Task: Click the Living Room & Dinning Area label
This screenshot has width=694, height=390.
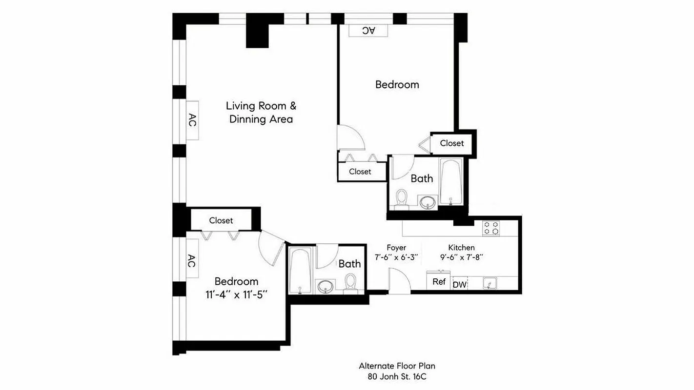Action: (x=261, y=113)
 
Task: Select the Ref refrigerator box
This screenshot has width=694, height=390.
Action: (x=439, y=282)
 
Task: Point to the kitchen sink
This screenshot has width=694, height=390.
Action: (x=489, y=283)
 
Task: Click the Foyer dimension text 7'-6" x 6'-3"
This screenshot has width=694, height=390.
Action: (x=396, y=257)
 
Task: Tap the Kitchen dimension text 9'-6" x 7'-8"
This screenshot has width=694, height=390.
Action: (x=461, y=257)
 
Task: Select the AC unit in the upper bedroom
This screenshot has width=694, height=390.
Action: (x=368, y=30)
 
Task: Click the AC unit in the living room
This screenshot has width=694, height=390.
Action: (x=192, y=120)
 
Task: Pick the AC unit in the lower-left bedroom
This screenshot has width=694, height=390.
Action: (x=192, y=261)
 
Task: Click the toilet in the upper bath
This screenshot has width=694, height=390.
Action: (x=402, y=198)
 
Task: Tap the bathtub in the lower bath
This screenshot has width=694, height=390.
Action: (x=300, y=271)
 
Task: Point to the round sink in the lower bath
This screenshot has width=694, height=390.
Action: (x=325, y=287)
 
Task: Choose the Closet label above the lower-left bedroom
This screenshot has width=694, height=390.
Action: (x=221, y=220)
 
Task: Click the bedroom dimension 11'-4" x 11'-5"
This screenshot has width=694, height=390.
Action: (x=236, y=294)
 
